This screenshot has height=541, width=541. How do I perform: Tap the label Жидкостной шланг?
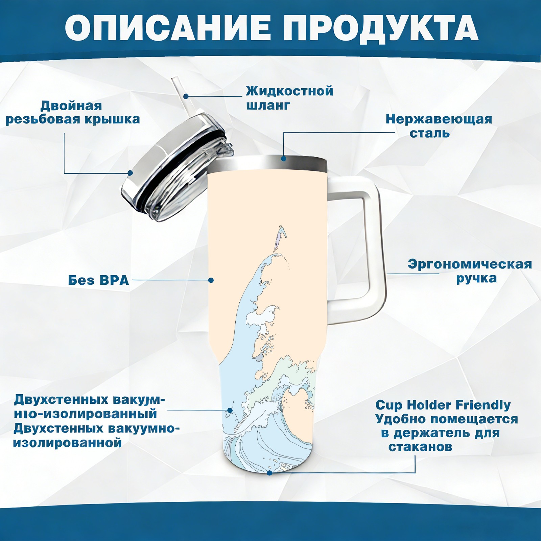pos(289,98)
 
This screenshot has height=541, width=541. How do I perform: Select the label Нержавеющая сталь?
pos(439,126)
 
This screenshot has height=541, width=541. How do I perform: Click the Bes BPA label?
pos(99,280)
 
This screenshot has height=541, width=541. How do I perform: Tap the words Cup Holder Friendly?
pos(443,405)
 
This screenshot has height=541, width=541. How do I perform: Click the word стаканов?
pos(420,447)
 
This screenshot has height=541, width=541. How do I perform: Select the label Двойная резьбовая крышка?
pos(73,112)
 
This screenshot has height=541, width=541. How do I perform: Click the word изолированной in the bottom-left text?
pos(67,443)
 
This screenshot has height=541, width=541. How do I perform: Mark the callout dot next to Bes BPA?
pos(211,280)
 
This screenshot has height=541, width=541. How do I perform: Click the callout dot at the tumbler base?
pos(269,473)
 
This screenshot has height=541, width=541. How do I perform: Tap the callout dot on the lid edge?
pos(130,173)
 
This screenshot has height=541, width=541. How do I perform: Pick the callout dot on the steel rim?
pos(283,158)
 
